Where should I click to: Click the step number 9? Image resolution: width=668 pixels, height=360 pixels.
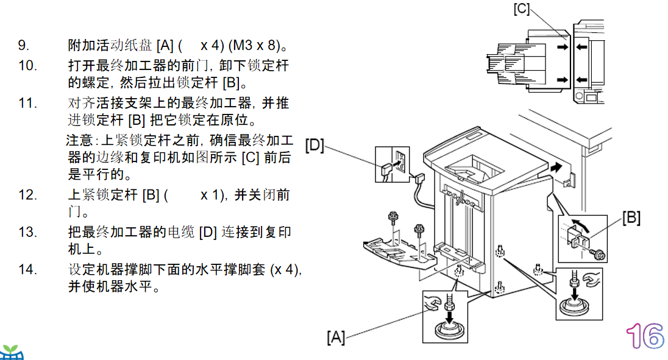tap(23, 45)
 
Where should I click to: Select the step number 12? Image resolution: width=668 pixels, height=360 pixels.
tap(27, 195)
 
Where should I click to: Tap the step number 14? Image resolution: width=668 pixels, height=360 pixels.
tap(27, 269)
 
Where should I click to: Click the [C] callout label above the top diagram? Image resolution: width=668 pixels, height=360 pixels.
tap(522, 9)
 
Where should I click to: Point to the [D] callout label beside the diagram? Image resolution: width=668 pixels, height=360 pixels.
tap(315, 145)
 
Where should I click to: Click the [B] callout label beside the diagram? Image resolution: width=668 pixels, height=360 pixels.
tap(631, 218)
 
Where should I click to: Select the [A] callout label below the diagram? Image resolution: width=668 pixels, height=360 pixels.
tap(336, 337)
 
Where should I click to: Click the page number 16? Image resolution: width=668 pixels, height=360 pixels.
tap(645, 336)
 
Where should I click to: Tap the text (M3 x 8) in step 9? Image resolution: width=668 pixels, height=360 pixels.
tap(254, 45)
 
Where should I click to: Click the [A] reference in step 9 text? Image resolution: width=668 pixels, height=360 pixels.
tap(165, 45)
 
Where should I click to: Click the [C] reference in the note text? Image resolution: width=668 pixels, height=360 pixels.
tap(250, 157)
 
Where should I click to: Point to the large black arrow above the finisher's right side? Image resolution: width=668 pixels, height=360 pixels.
tap(556, 168)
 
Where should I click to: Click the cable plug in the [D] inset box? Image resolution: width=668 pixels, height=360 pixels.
tap(386, 169)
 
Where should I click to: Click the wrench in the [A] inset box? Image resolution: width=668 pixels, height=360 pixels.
tap(433, 304)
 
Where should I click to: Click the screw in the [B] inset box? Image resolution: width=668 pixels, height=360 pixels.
tap(598, 254)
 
